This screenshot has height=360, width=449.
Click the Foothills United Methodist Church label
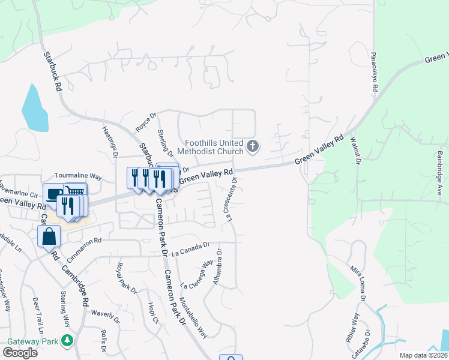point(214,148)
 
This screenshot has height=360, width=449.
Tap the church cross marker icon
point(253,145)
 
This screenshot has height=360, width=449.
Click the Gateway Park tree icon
point(68,341)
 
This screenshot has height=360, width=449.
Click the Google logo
point(20,353)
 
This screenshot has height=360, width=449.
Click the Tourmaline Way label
point(78,176)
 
